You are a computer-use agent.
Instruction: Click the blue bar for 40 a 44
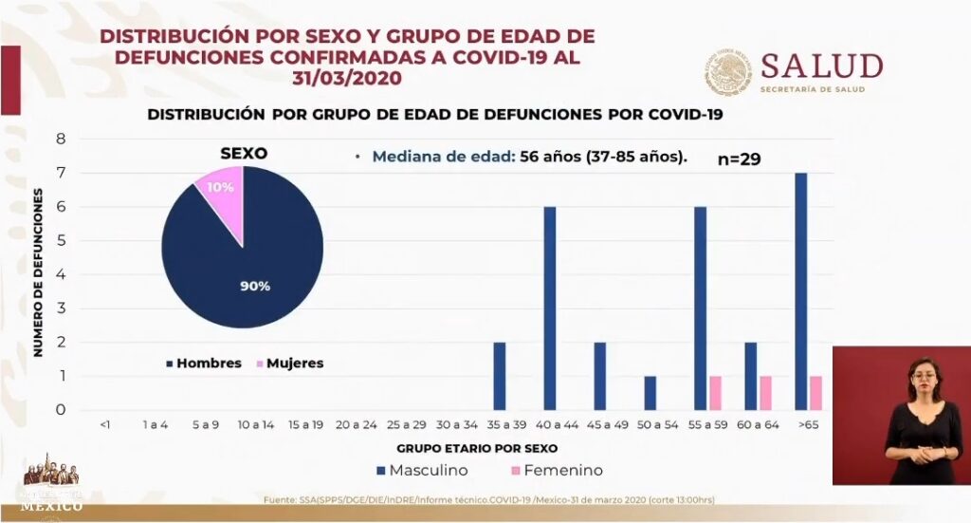tap(549, 308)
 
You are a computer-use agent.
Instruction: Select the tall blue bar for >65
tap(801, 291)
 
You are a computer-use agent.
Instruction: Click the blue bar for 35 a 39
tap(500, 376)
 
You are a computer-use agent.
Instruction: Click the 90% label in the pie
tap(255, 286)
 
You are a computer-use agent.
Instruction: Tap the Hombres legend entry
tap(203, 364)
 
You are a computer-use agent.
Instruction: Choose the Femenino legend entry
tap(557, 470)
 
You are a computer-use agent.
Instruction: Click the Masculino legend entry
tap(423, 470)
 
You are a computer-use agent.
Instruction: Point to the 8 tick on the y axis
tap(61, 139)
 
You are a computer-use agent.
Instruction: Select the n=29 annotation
tap(740, 159)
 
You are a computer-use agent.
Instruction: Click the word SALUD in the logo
tap(821, 65)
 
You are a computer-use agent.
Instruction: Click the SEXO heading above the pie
tap(244, 153)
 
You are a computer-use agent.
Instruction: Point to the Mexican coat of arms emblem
tap(728, 72)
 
